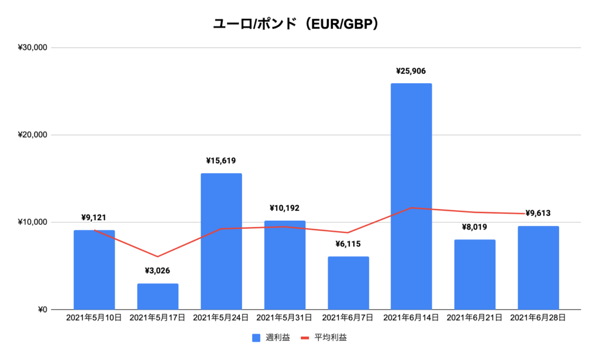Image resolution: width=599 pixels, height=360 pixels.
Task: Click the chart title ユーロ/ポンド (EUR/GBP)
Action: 299,24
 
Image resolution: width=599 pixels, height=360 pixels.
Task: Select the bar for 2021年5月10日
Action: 94,270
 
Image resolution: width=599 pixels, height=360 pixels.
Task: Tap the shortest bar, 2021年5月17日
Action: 157,297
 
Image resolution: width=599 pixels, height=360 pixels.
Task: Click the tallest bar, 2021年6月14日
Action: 411,196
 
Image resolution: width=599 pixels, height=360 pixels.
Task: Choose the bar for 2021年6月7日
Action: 348,283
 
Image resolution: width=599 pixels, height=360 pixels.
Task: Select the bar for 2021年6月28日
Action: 538,268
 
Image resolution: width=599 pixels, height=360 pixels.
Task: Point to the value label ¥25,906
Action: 411,71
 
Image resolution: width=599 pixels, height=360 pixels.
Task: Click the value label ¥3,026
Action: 157,272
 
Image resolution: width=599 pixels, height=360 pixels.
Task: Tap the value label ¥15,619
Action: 221,161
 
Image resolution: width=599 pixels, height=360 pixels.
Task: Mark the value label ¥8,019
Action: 474,227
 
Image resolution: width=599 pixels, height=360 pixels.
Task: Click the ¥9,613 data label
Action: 538,214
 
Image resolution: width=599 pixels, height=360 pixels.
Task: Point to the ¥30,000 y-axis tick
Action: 33,47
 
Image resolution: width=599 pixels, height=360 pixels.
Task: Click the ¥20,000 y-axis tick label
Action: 33,135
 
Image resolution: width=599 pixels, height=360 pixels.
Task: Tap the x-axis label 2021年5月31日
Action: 284,318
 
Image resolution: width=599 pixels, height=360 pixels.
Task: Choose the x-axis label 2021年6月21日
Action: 474,318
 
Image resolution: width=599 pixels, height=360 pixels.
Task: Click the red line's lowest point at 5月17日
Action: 157,256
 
